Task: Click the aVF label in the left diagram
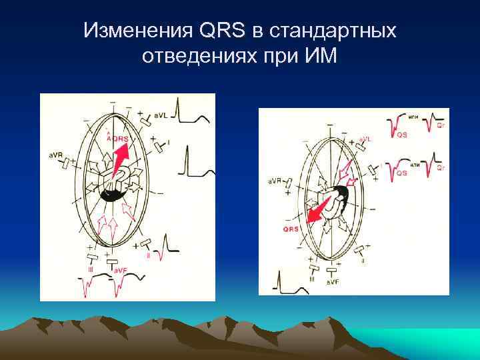tap(120, 269)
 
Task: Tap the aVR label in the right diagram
tap(275, 181)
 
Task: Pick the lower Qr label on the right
tap(441, 168)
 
